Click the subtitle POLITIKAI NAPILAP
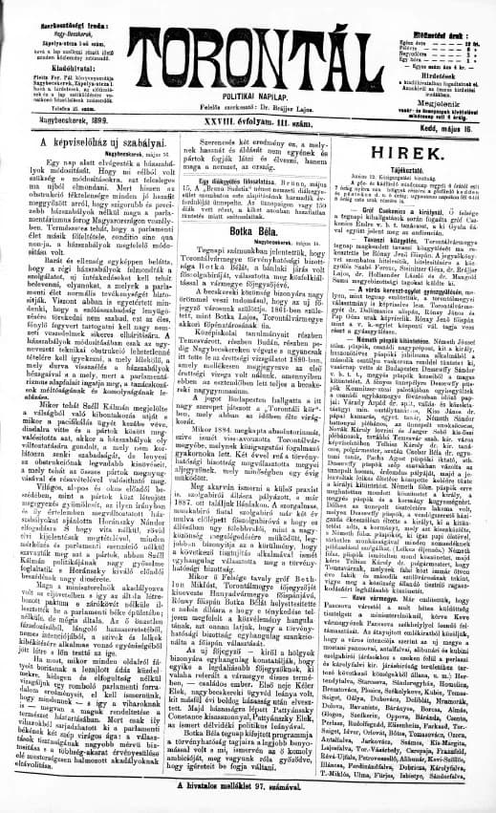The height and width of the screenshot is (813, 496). [x=248, y=97]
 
